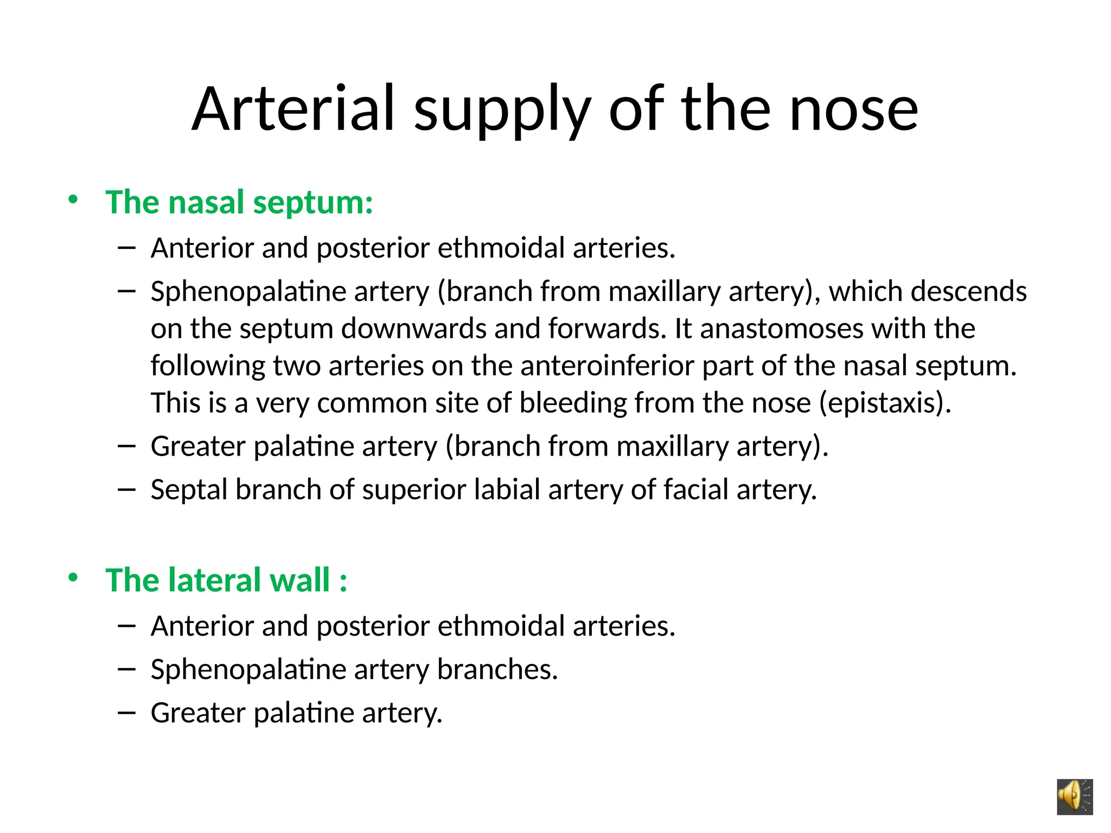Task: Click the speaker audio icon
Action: pyautogui.click(x=1074, y=797)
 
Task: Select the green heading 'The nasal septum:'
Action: pyautogui.click(x=239, y=202)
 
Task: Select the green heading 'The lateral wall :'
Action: pyautogui.click(x=226, y=580)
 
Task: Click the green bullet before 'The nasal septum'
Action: pyautogui.click(x=73, y=200)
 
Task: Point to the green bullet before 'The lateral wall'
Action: pyautogui.click(x=73, y=578)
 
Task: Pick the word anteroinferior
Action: pyautogui.click(x=607, y=366)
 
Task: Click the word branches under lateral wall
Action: pyautogui.click(x=497, y=669)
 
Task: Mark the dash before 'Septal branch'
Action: pyautogui.click(x=126, y=489)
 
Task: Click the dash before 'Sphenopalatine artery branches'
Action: pyautogui.click(x=126, y=669)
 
